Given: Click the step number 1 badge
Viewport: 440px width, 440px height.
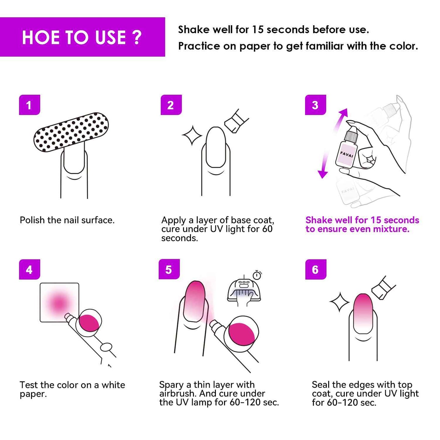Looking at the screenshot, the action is coord(30,105).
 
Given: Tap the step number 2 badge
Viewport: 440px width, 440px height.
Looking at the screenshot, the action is coord(171,105).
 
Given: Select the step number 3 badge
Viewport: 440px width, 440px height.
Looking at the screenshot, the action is coord(315,105).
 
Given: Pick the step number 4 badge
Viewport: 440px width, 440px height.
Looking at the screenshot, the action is coord(30,269).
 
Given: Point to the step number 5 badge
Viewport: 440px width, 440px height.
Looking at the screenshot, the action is coord(169,269).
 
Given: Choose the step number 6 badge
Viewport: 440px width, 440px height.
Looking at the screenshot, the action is coord(315,269).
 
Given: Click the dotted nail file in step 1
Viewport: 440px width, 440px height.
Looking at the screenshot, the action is coord(71,132).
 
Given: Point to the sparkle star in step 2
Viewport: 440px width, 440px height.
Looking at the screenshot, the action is coord(192,135).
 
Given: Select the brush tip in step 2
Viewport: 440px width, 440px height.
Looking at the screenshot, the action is coord(236,121).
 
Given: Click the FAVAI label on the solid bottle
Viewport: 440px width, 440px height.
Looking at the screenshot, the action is coord(347,154).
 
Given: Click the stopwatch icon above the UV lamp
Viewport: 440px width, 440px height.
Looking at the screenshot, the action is coord(257,275).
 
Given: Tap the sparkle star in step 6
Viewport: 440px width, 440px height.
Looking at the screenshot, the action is coord(339,302).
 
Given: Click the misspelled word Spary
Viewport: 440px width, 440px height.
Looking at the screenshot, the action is coord(171,385).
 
